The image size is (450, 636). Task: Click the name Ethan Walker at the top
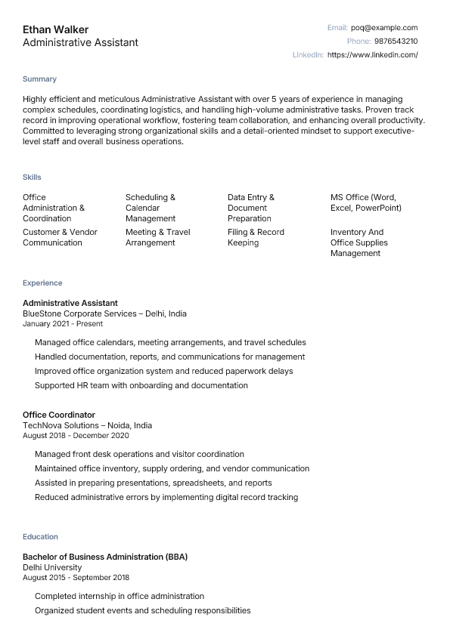(55, 29)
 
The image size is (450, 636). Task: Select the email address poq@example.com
(384, 28)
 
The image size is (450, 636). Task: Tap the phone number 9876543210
(396, 42)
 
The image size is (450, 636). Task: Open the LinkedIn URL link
(372, 55)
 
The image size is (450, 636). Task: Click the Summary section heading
(39, 79)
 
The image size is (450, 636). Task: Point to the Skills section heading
(32, 177)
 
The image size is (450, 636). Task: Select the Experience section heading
(42, 283)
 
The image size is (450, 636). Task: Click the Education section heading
(40, 537)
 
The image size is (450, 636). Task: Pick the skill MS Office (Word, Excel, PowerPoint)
(366, 202)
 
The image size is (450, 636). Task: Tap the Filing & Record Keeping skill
(256, 237)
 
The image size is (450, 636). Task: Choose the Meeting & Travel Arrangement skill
(157, 237)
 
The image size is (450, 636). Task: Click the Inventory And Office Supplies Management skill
(358, 242)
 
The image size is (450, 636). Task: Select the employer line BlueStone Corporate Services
(104, 313)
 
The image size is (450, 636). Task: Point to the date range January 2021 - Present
(63, 324)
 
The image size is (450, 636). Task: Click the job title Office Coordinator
(59, 415)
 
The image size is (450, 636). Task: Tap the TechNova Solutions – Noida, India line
(87, 425)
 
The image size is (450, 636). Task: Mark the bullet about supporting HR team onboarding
(141, 385)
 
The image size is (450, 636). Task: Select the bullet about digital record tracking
(166, 497)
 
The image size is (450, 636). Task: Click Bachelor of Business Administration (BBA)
(105, 557)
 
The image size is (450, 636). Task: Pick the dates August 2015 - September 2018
(76, 578)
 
